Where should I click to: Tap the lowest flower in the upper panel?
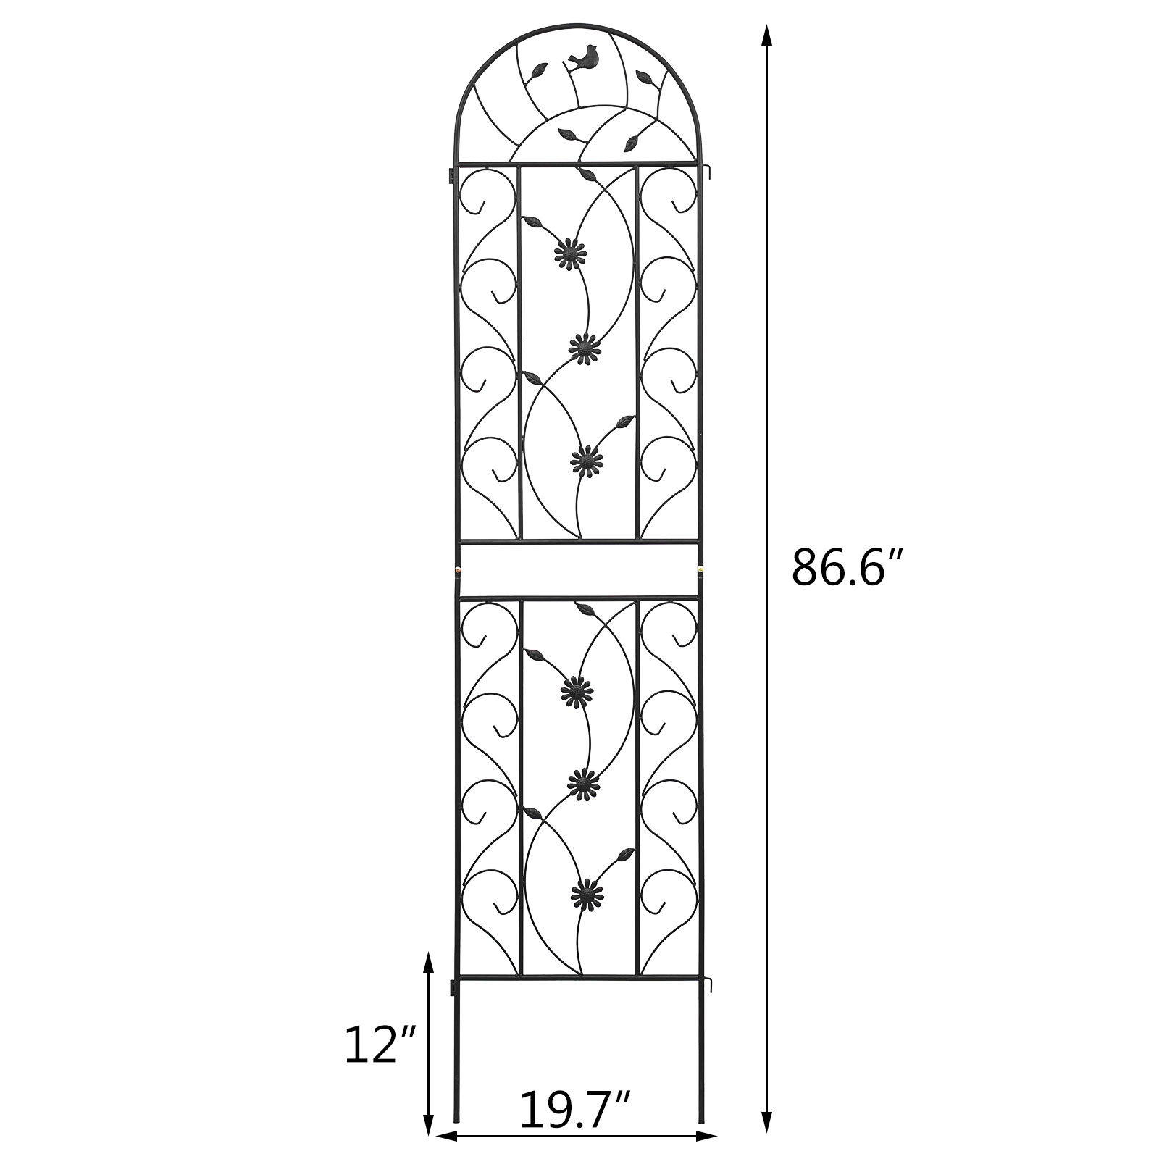click(587, 459)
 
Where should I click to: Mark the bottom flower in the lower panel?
click(587, 892)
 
